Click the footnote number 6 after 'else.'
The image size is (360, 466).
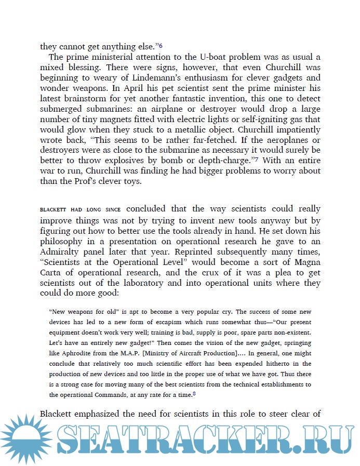[161, 46]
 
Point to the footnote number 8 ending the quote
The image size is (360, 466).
[194, 394]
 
